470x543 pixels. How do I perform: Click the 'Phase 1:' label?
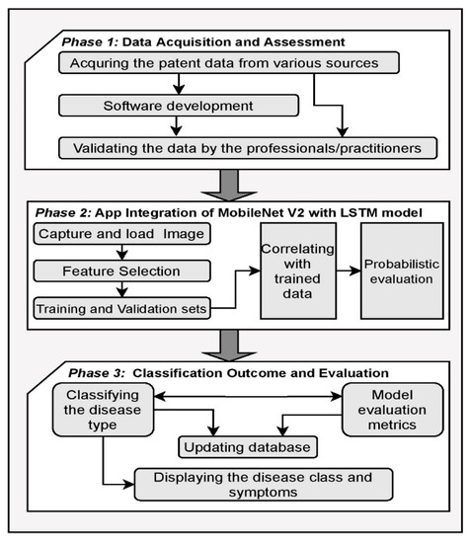91,41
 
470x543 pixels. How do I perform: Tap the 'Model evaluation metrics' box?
383,412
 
